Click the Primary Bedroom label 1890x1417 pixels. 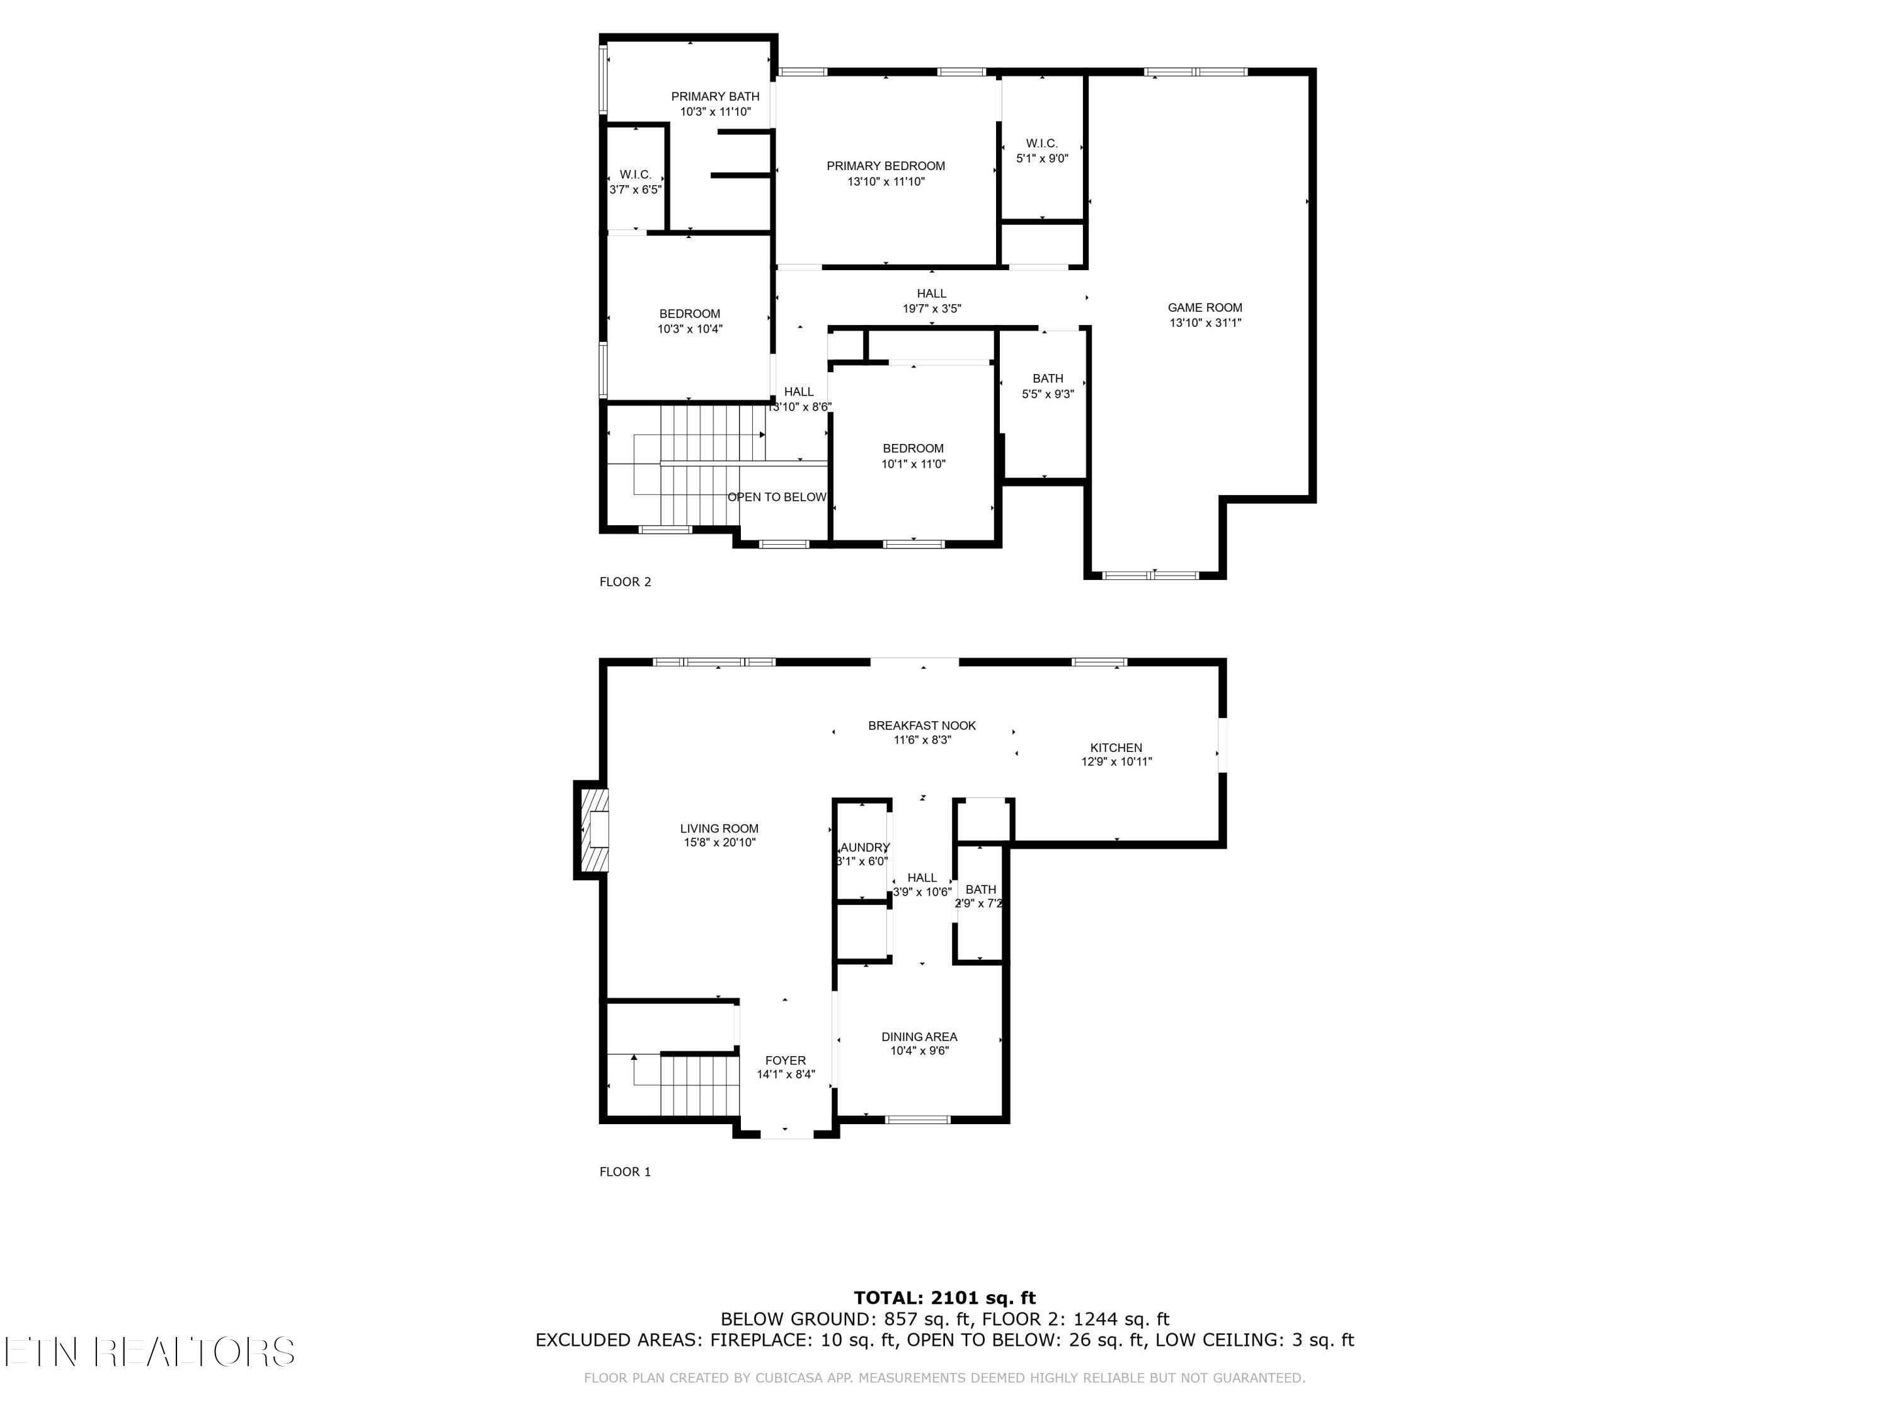pyautogui.click(x=885, y=166)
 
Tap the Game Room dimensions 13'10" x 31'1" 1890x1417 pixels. pyautogui.click(x=1205, y=323)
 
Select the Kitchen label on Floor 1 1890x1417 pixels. pyautogui.click(x=1116, y=748)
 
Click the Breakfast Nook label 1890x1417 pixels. pyautogui.click(x=921, y=725)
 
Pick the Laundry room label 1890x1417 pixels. pyautogui.click(x=863, y=847)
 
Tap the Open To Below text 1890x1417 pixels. pyautogui.click(x=777, y=497)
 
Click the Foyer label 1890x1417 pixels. pyautogui.click(x=785, y=1060)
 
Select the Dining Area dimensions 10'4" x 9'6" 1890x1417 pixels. pyautogui.click(x=919, y=1050)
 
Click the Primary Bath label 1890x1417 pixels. pyautogui.click(x=714, y=96)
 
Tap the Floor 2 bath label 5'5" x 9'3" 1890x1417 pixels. pyautogui.click(x=1048, y=378)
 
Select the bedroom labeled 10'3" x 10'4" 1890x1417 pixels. pyautogui.click(x=689, y=314)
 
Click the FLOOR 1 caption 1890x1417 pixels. pyautogui.click(x=624, y=1172)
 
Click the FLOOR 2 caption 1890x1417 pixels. pyautogui.click(x=624, y=582)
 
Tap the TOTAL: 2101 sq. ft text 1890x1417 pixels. pyautogui.click(x=944, y=1298)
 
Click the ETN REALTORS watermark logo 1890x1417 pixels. pyautogui.click(x=149, y=1352)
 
